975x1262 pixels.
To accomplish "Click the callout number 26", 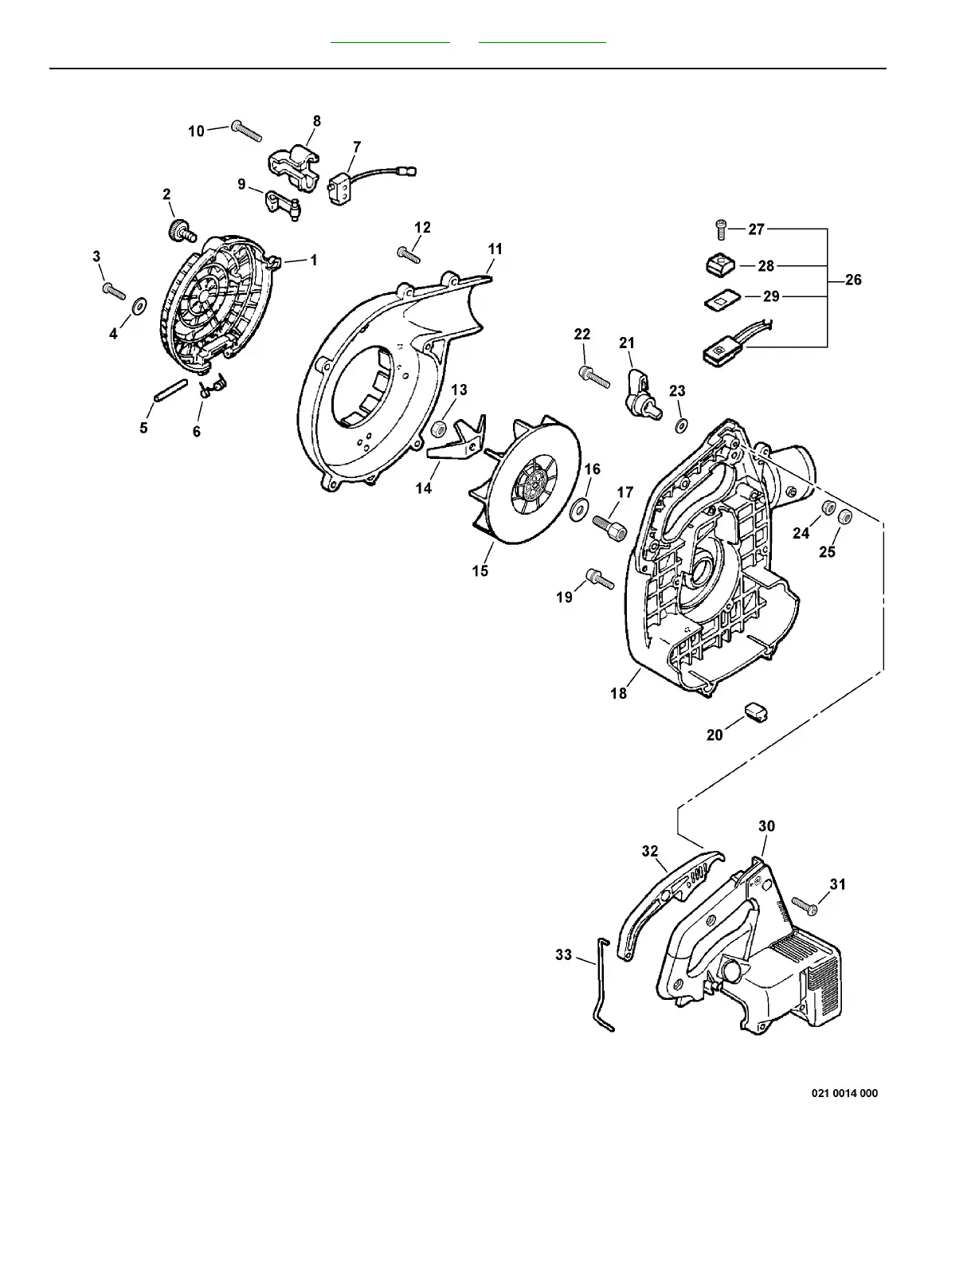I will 853,280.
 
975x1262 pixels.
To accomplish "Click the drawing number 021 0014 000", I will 844,1093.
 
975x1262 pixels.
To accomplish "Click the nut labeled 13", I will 437,430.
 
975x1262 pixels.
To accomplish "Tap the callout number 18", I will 619,693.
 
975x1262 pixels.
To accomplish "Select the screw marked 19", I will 599,579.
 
